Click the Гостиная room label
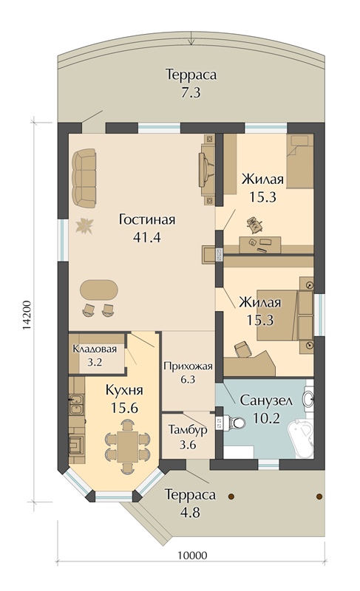pyautogui.click(x=146, y=219)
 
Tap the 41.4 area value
pyautogui.click(x=146, y=237)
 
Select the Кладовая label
pyautogui.click(x=95, y=349)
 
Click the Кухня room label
pyautogui.click(x=124, y=390)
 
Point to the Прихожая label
pyautogui.click(x=188, y=366)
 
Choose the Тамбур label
pyautogui.click(x=188, y=430)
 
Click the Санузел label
pyautogui.click(x=266, y=400)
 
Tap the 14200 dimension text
pyautogui.click(x=26, y=316)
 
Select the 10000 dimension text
pyautogui.click(x=192, y=556)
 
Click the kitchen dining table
pyautogui.click(x=127, y=446)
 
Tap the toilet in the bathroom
pyautogui.click(x=234, y=423)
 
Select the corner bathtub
pyautogui.click(x=300, y=438)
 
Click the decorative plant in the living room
pyautogui.click(x=84, y=226)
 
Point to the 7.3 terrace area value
pyautogui.click(x=191, y=92)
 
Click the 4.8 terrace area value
pyautogui.click(x=190, y=512)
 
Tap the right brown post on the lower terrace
pyautogui.click(x=319, y=496)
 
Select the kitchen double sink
pyautogui.click(x=77, y=404)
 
